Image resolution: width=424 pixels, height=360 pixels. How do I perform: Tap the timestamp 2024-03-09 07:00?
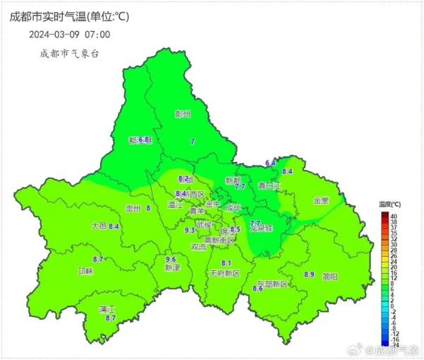coord(69,33)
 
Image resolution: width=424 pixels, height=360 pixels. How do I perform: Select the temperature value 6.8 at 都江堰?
coord(145,140)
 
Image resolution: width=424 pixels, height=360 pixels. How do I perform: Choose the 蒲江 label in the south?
coord(107,309)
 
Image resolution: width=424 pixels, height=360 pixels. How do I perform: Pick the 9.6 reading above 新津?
coord(170,260)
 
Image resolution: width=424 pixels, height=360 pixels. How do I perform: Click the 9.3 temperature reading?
coord(189,230)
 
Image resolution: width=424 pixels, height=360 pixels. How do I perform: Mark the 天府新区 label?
coord(225,273)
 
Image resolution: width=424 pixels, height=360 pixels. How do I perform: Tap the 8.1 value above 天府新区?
coord(226,263)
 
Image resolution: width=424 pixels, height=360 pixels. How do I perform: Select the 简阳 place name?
coord(329,277)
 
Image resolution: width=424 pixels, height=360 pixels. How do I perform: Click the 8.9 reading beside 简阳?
coord(309,274)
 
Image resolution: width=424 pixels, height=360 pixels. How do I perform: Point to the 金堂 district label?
coord(321,200)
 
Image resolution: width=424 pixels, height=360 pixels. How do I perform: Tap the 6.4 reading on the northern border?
coord(270,163)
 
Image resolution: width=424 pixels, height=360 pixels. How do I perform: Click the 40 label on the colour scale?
coord(392,215)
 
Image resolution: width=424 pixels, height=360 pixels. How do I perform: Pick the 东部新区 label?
coord(273,284)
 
